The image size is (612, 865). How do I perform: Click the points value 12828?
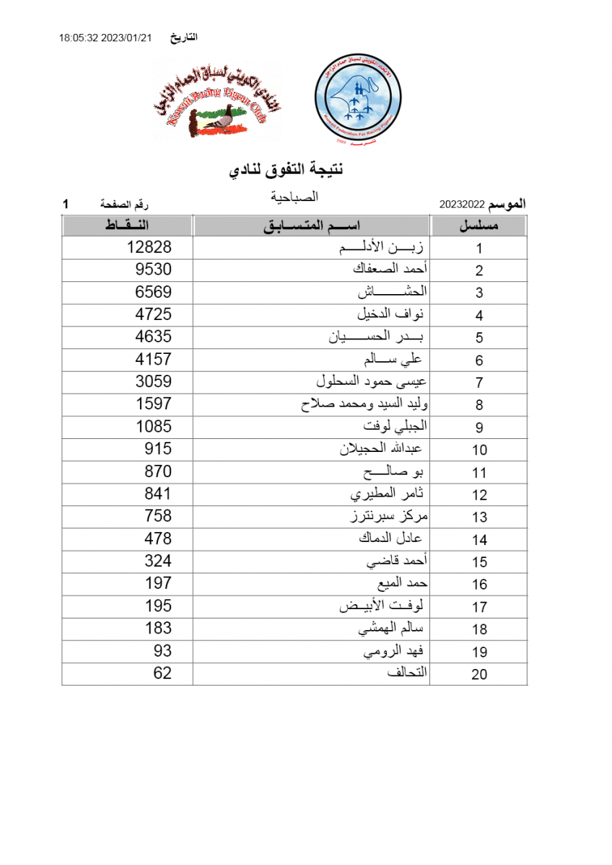[149, 247]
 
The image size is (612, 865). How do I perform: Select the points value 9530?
[154, 270]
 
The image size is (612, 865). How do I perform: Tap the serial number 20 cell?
[479, 674]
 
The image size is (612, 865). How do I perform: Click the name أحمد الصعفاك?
[390, 270]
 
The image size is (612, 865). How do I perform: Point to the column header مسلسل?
[480, 226]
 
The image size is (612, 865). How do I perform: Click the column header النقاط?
[127, 226]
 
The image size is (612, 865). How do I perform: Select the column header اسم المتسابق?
[311, 226]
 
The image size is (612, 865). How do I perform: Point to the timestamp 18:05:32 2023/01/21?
[105, 37]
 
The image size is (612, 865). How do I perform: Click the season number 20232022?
[462, 205]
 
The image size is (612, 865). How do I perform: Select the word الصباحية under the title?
[294, 195]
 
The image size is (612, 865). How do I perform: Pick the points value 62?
[162, 673]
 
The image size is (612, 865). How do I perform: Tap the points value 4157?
[154, 359]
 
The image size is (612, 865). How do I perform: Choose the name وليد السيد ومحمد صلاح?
[364, 404]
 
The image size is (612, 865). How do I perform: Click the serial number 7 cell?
[479, 382]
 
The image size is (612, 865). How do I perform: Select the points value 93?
[162, 651]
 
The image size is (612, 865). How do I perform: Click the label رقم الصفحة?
[128, 205]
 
